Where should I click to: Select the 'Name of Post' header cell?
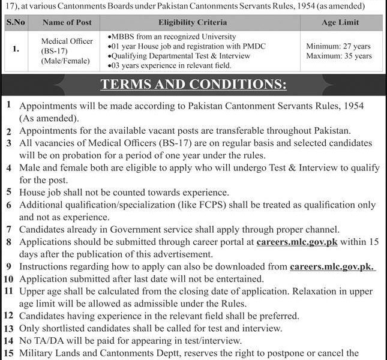pos(67,22)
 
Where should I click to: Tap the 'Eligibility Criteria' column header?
pos(192,22)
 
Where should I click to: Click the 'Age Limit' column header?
pos(340,22)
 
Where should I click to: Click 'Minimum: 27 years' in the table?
pos(338,46)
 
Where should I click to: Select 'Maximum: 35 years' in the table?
pos(338,56)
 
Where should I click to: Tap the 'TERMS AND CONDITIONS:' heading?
pos(193,84)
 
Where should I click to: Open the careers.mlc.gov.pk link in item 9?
pos(332,266)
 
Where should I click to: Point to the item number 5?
pos(10,192)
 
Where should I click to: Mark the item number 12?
pos(9,315)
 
